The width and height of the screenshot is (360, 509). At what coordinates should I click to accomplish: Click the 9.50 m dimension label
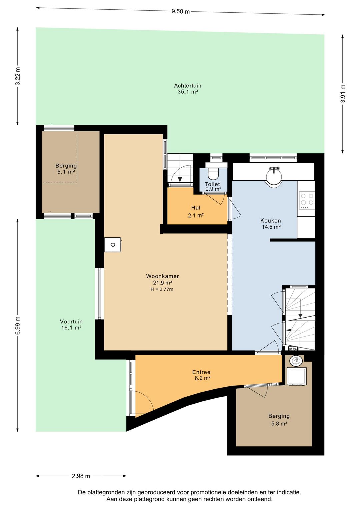tap(180, 11)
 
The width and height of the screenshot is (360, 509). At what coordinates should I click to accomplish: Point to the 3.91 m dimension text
tap(343, 94)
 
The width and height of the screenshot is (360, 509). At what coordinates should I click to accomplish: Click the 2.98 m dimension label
tap(81, 476)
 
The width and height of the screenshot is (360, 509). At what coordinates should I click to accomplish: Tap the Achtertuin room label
tap(188, 86)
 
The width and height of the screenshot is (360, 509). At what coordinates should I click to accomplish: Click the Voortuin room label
tap(71, 321)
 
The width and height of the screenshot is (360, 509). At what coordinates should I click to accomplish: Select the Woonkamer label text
tap(162, 276)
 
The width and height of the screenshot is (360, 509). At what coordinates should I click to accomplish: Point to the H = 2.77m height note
tap(162, 289)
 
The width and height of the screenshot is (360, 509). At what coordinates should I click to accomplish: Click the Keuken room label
tap(271, 220)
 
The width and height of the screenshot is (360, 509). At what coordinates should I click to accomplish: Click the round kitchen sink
tap(274, 176)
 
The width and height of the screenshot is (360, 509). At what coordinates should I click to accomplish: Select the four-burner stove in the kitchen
tap(307, 200)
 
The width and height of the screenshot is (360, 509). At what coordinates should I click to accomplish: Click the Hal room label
tap(196, 208)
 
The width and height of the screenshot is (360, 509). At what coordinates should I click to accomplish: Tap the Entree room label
tap(201, 372)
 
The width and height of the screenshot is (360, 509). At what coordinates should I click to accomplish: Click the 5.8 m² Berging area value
tap(279, 424)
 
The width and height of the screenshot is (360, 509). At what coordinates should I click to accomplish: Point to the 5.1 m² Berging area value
tap(66, 172)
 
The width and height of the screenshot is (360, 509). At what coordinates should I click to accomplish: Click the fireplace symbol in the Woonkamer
tap(113, 245)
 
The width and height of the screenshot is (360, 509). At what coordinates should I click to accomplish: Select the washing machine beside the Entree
tap(297, 376)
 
